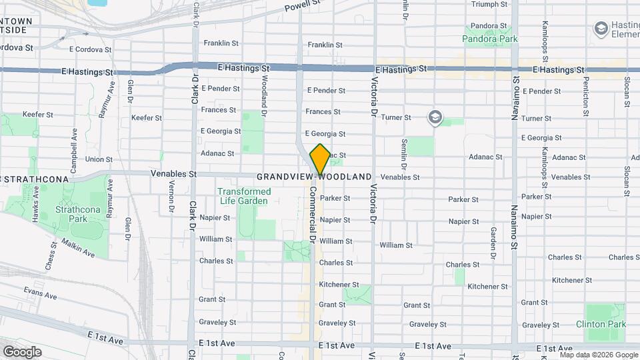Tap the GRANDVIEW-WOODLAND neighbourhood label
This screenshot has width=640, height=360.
pyautogui.click(x=314, y=177)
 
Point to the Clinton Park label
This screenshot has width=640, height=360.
pyautogui.click(x=601, y=324)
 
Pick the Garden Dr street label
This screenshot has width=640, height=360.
pyautogui.click(x=493, y=243)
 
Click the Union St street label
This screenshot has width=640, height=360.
pyautogui.click(x=99, y=159)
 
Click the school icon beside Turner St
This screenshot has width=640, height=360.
pyautogui.click(x=435, y=117)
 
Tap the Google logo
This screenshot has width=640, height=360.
pyautogui.click(x=22, y=352)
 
